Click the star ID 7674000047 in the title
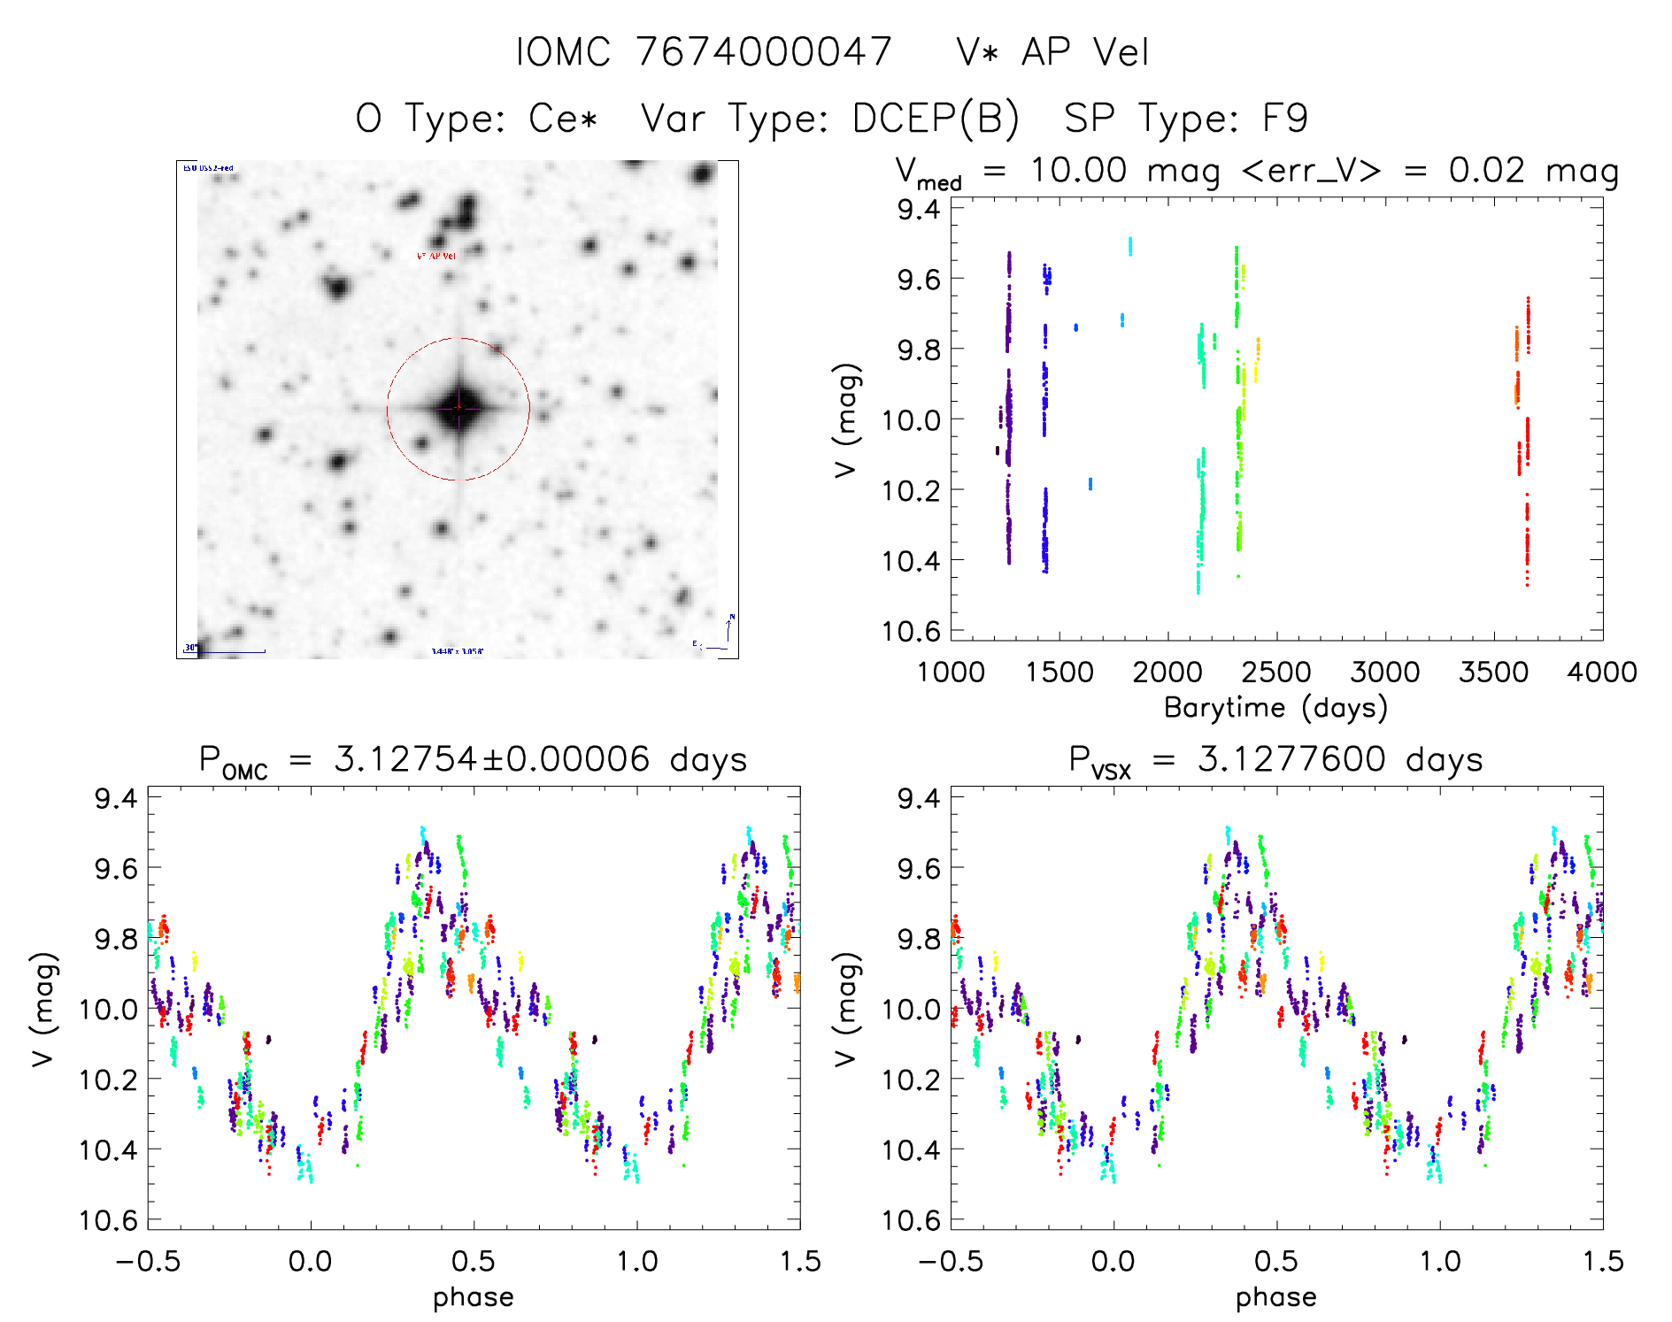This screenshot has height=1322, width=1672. point(763,52)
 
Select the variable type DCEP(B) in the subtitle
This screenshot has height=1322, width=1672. point(936,119)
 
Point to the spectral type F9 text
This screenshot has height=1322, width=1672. point(1284,119)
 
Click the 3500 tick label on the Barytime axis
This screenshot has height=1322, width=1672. point(1493,673)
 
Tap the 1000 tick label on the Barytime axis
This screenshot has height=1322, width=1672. point(951,673)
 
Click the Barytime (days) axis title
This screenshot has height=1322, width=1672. point(1275,708)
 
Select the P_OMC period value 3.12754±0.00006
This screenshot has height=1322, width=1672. point(491,759)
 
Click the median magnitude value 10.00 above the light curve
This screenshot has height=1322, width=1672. point(1078,170)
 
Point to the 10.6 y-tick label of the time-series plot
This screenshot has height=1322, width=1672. point(911,631)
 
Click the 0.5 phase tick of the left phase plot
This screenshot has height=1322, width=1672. point(474,1261)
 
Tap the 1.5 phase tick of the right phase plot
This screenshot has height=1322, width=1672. point(1602,1261)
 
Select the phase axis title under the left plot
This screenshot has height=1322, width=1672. point(474,1297)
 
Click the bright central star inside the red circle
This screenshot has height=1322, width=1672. point(458,408)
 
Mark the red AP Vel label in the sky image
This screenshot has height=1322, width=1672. point(436,256)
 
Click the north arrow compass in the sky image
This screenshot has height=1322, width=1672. point(728,630)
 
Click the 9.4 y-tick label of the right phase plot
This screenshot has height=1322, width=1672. point(918,798)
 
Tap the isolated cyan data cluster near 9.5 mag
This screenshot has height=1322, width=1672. point(1130,246)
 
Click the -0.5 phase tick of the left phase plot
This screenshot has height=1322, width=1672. point(148,1261)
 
